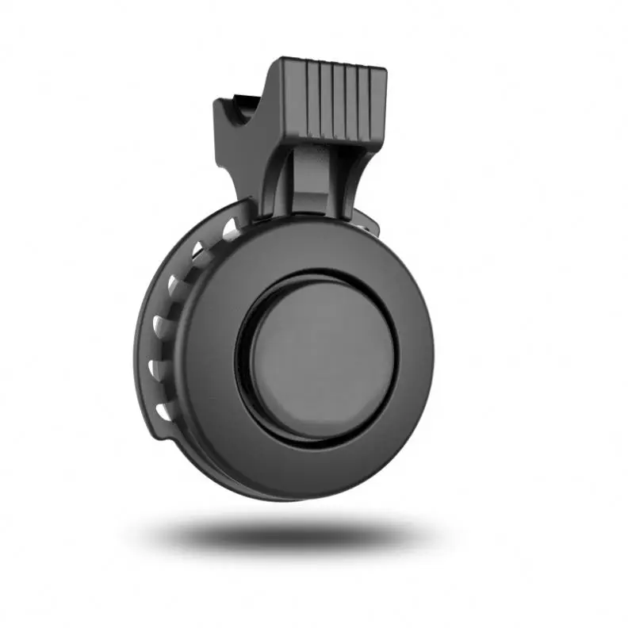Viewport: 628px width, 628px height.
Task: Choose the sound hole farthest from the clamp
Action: pyautogui.click(x=163, y=411)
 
